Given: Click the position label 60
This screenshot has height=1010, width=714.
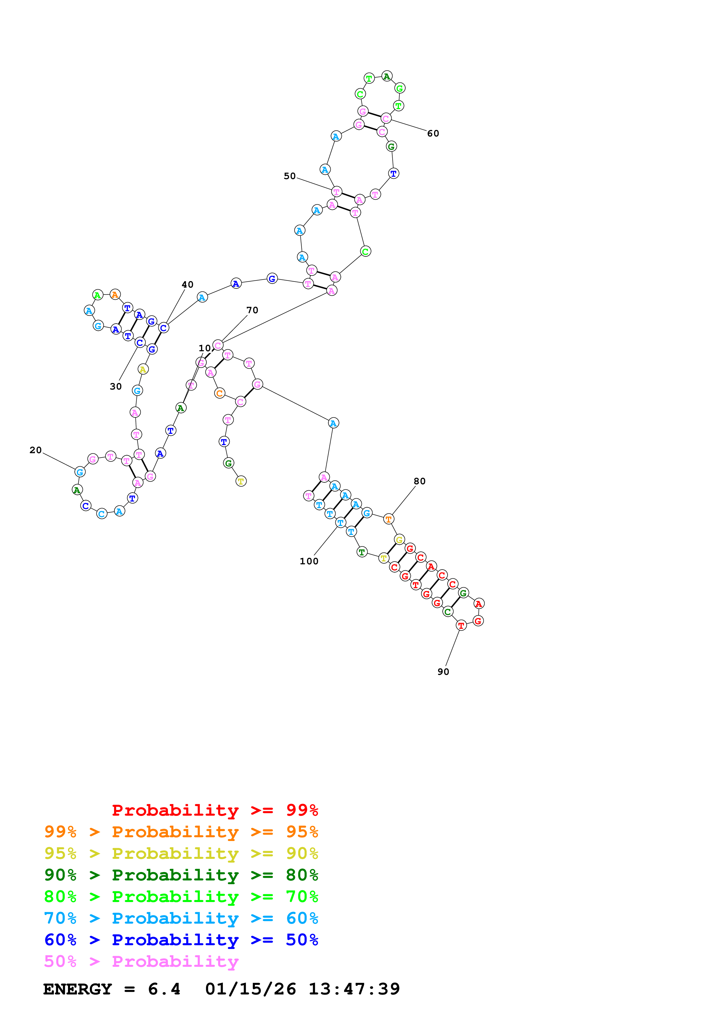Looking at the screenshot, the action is click(433, 133).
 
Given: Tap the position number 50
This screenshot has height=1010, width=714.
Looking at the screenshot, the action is click(289, 176).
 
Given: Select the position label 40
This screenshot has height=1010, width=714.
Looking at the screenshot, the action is click(188, 285).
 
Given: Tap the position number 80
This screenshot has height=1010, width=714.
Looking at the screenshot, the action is click(419, 481).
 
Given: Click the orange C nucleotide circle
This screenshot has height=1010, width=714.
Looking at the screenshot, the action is click(219, 393).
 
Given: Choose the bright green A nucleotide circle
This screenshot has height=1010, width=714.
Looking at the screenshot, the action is click(98, 295).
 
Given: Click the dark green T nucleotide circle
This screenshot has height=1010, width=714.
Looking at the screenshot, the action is click(362, 552).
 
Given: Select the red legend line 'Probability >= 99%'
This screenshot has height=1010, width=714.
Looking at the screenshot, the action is click(215, 810).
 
